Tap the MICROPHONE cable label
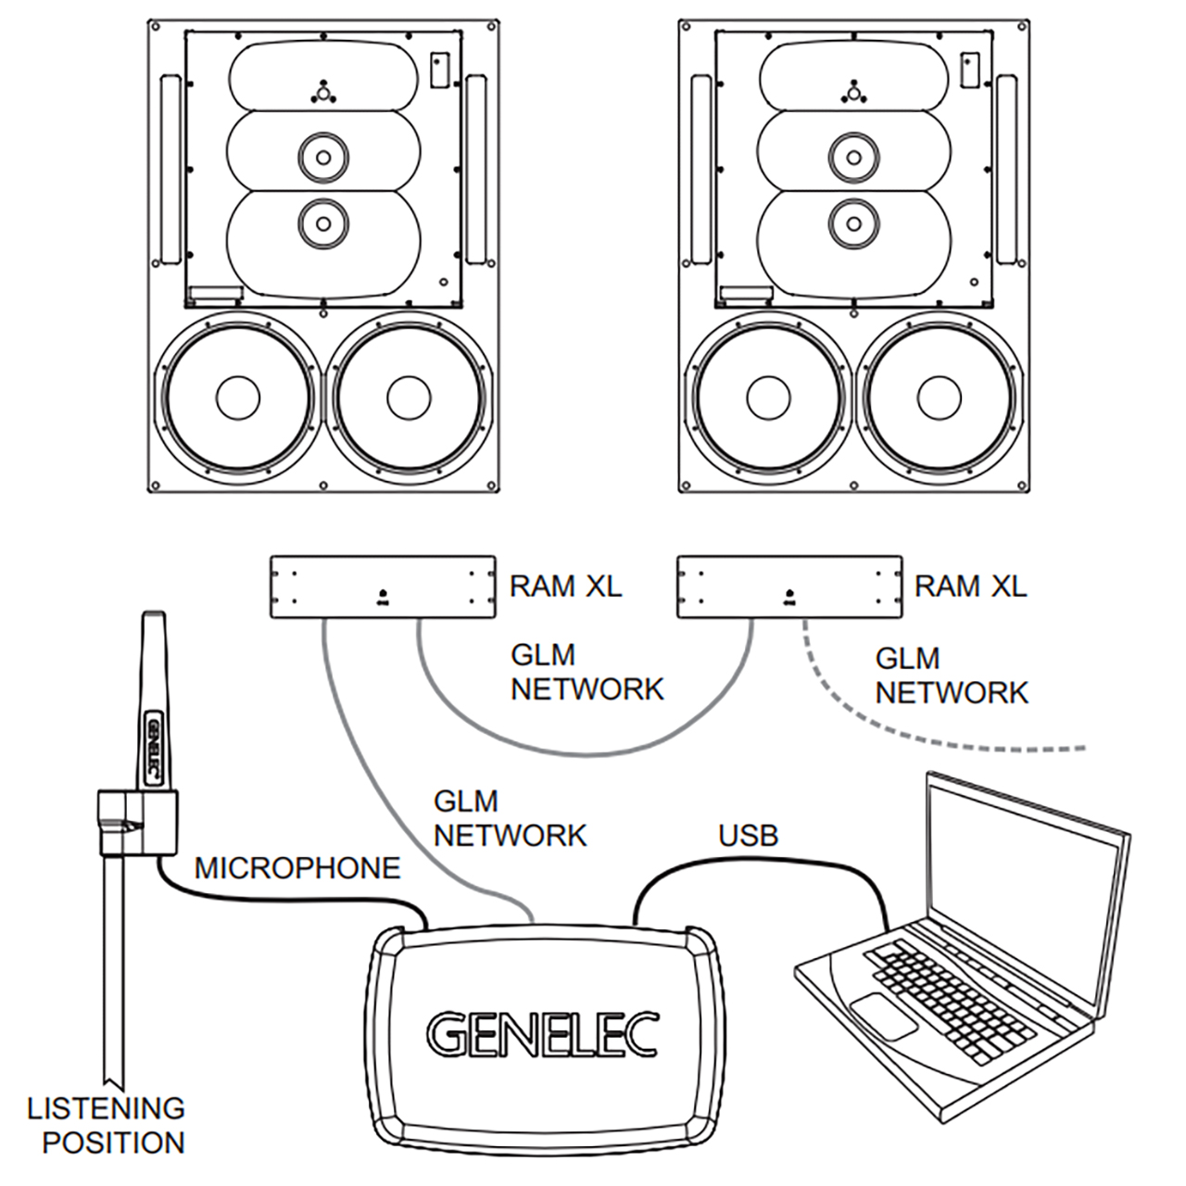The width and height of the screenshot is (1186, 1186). point(297,868)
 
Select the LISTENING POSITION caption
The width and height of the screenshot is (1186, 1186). point(107,1125)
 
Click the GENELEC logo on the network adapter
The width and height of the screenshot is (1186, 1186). point(543,1034)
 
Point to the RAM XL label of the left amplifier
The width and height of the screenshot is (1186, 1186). point(565,586)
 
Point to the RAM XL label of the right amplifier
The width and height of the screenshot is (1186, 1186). point(970,586)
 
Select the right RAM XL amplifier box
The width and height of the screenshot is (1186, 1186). point(789,587)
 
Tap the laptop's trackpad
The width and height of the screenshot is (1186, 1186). point(882,1016)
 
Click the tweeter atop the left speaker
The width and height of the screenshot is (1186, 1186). point(322,92)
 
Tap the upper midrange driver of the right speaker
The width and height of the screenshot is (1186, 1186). point(852,157)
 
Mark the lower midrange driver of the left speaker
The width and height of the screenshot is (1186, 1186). point(322,222)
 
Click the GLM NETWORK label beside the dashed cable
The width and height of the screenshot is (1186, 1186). point(952,675)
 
